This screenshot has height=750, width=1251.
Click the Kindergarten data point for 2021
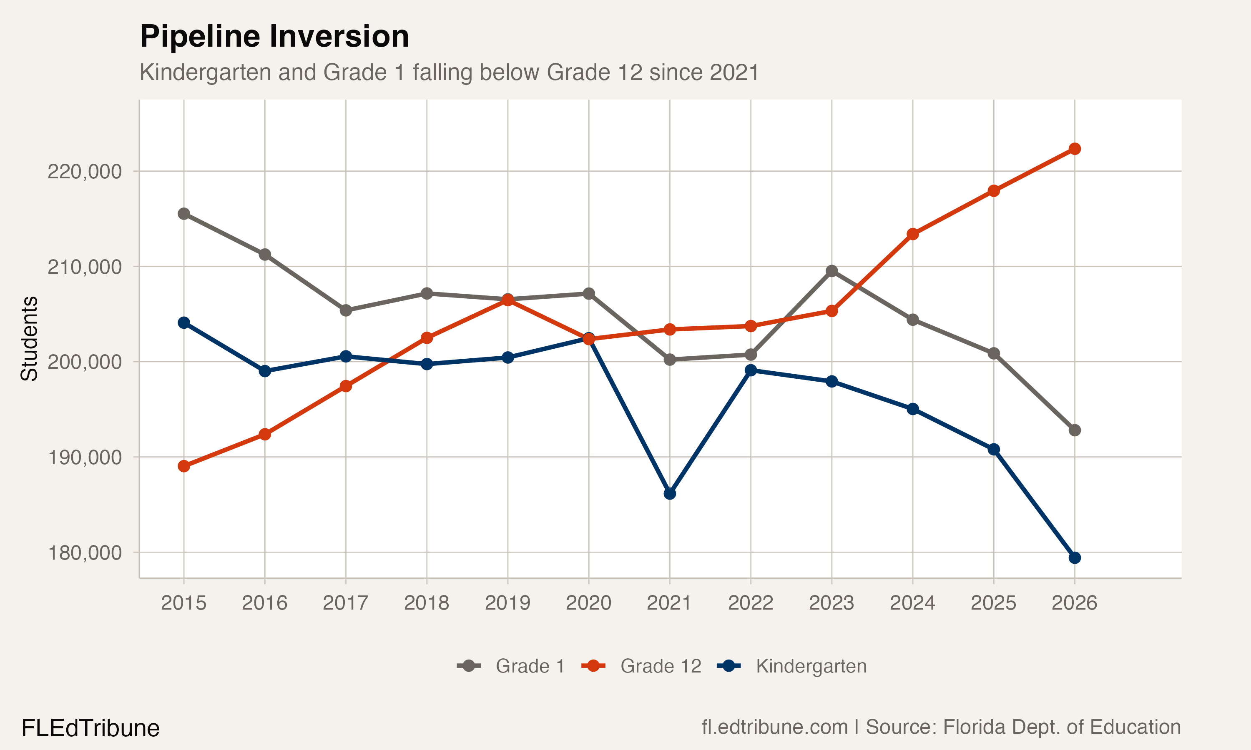(669, 493)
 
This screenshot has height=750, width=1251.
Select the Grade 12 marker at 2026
(1075, 149)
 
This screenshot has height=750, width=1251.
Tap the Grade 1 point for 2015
(183, 214)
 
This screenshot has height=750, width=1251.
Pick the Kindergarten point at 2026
(1075, 558)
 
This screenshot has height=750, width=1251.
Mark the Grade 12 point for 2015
(183, 466)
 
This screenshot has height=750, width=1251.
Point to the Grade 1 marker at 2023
(831, 271)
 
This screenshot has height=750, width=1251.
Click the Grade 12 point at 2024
(912, 234)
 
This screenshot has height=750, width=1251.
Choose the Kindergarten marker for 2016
(264, 371)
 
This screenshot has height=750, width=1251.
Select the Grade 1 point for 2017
(345, 310)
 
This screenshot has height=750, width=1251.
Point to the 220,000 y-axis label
(85, 171)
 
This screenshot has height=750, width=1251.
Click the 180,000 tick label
(85, 552)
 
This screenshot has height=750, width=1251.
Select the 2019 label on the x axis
(507, 603)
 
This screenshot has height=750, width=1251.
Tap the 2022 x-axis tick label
(751, 603)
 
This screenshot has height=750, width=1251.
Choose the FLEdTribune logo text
(90, 728)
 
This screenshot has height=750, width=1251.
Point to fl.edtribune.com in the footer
(774, 727)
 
